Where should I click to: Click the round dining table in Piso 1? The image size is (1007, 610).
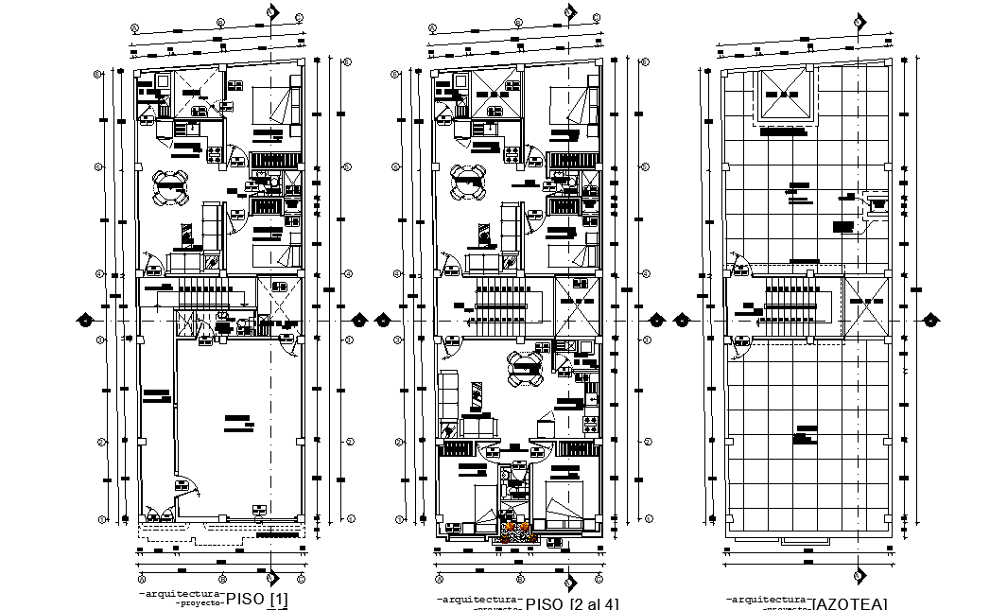pos(171,185)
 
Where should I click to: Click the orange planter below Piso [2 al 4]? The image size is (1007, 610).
pos(516,531)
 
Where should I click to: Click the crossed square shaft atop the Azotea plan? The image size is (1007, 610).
pos(782,96)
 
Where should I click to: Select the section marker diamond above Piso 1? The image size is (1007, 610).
pos(271,12)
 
